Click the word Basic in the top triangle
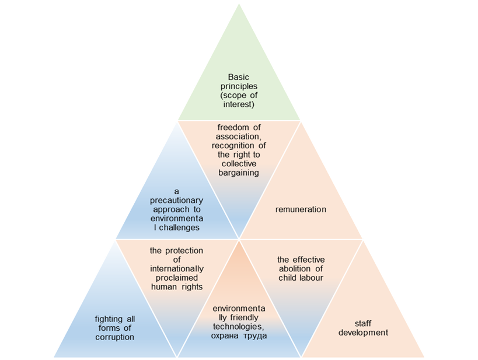238,77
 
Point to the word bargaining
238,173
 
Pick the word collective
238,164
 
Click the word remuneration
301,209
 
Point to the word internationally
176,268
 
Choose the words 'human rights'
176,286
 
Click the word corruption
114,337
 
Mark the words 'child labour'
301,278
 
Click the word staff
363,323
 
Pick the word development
363,333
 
